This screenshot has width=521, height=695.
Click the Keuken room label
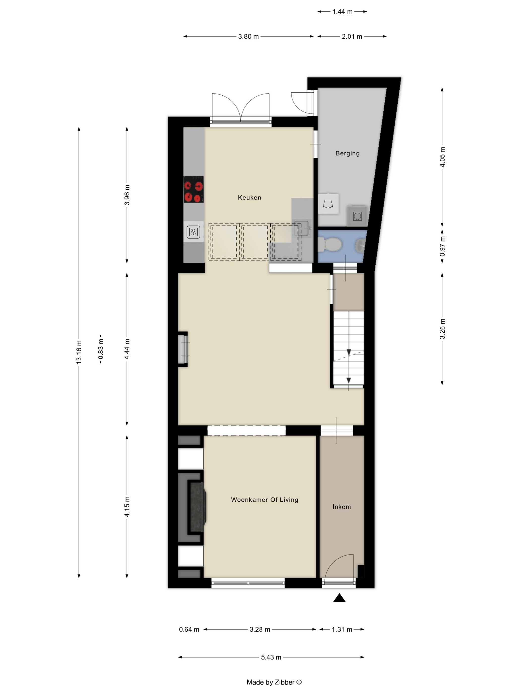tap(249, 198)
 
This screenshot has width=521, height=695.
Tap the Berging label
tap(347, 153)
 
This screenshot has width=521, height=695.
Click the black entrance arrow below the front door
tap(339, 598)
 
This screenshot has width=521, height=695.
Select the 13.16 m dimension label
tap(79, 352)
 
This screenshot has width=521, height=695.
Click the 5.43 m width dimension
tap(271, 657)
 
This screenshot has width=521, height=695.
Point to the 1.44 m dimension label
tap(342, 12)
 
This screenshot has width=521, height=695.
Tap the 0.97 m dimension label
tap(442, 246)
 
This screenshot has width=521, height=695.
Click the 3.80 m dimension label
tap(248, 36)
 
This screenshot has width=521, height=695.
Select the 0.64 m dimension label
tap(189, 629)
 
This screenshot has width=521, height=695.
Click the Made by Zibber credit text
tap(274, 682)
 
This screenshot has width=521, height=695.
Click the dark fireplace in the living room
tap(197, 507)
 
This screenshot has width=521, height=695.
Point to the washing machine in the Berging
tap(357, 216)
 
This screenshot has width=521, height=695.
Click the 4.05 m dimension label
tap(442, 157)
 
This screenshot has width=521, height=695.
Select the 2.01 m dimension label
tap(352, 36)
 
